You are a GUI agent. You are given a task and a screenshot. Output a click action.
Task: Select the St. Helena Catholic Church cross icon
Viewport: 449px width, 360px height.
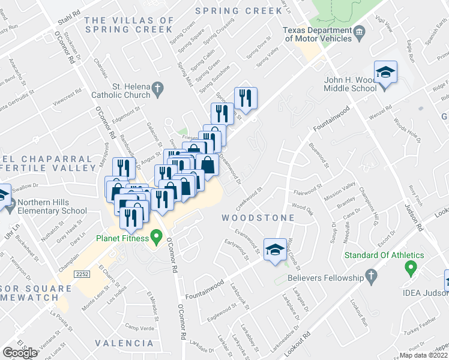pyautogui.click(x=157, y=89)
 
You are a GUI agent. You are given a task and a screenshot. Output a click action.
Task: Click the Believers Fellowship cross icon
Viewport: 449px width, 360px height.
pyautogui.click(x=371, y=277)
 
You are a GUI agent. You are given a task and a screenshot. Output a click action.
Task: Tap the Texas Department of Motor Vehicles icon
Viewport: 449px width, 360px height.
pyautogui.click(x=359, y=31)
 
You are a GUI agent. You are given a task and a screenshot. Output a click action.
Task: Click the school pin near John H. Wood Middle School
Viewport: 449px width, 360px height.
pyautogui.click(x=385, y=73)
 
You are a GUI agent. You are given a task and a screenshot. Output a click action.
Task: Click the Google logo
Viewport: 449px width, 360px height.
pyautogui.click(x=20, y=353)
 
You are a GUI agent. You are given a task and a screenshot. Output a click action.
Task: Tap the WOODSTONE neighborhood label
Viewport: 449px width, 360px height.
pyautogui.click(x=258, y=218)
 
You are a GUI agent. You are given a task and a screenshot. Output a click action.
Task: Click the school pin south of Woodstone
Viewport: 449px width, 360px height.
pyautogui.click(x=274, y=250)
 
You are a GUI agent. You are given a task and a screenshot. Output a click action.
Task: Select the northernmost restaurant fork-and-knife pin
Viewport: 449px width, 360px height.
pyautogui.click(x=246, y=97)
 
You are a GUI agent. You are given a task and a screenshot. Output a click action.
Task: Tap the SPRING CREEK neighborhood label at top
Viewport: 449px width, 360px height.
pyautogui.click(x=238, y=11)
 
